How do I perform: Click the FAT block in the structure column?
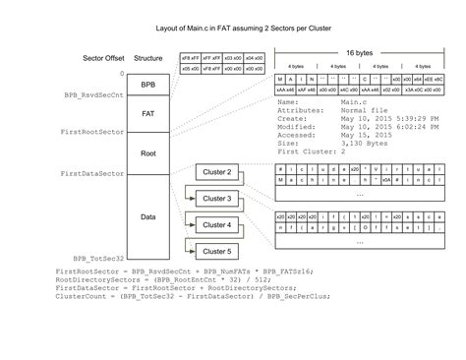click(148, 114)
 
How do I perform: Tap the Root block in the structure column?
click(148, 153)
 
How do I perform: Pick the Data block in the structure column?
click(148, 215)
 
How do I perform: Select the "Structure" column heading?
click(147, 58)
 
